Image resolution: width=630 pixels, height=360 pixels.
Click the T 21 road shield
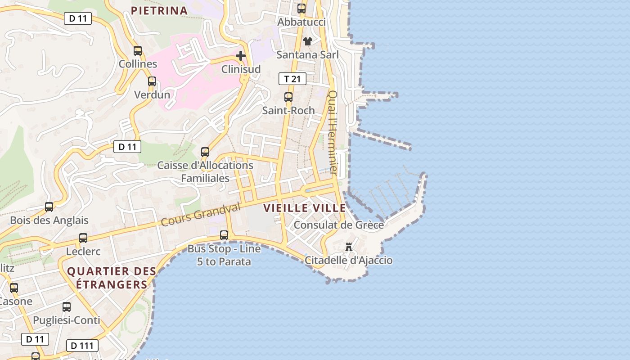click(x=292, y=79)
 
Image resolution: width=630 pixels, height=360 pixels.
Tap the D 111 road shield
click(x=82, y=346)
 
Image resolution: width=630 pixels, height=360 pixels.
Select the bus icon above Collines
click(x=138, y=51)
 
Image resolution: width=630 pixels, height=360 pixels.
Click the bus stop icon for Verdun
click(x=152, y=81)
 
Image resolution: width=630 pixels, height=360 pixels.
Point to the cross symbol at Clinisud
click(x=241, y=56)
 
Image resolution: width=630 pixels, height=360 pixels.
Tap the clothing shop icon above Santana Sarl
click(x=307, y=41)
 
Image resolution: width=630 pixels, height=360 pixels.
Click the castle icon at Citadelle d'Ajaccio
click(x=348, y=247)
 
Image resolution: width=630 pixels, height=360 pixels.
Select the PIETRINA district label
click(x=159, y=10)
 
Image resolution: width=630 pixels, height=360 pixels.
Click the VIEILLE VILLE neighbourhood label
click(x=305, y=208)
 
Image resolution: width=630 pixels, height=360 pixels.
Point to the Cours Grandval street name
click(x=201, y=215)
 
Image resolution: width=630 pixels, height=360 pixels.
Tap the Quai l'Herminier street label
click(x=333, y=133)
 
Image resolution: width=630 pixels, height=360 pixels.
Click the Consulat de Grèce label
click(x=339, y=225)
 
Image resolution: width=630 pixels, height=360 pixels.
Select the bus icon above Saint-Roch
click(x=288, y=97)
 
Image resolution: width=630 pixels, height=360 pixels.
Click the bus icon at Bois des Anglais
click(x=49, y=207)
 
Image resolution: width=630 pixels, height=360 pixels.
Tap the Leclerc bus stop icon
click(x=83, y=238)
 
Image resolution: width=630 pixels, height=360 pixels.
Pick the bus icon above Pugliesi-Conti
click(x=67, y=307)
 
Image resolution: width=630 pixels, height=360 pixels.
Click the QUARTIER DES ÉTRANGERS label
click(x=112, y=278)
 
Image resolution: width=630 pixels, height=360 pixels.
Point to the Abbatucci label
click(x=301, y=22)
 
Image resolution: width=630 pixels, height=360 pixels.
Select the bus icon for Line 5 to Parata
click(x=224, y=235)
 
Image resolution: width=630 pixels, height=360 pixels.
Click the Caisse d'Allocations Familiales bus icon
click(x=205, y=152)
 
